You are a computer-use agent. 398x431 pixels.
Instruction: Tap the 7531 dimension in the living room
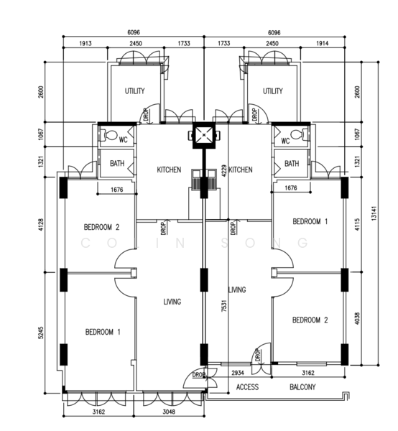224,306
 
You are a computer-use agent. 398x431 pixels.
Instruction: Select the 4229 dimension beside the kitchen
224,171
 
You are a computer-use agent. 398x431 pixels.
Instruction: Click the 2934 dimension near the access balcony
238,373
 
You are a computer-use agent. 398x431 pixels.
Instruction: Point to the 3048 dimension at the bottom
169,412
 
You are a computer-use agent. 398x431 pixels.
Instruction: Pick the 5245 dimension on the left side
41,333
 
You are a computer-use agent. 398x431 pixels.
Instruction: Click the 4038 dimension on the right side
357,318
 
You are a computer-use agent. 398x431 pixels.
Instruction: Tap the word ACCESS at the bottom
247,387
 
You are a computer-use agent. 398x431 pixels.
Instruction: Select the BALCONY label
302,387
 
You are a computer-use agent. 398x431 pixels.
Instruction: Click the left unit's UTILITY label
134,91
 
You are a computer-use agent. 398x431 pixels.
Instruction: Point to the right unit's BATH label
292,164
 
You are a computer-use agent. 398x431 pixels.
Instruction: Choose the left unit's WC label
123,140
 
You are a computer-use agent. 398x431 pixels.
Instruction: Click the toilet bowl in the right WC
297,135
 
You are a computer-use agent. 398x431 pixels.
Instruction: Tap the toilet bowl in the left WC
111,135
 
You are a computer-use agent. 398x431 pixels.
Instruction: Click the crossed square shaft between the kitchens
204,135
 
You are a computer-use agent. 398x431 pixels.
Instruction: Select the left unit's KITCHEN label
169,170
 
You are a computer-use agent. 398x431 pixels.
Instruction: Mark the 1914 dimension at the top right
322,43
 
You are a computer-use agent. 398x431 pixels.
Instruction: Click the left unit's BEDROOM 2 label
102,227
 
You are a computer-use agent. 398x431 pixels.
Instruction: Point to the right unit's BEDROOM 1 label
310,221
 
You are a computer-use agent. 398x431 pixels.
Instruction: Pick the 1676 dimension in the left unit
117,190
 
